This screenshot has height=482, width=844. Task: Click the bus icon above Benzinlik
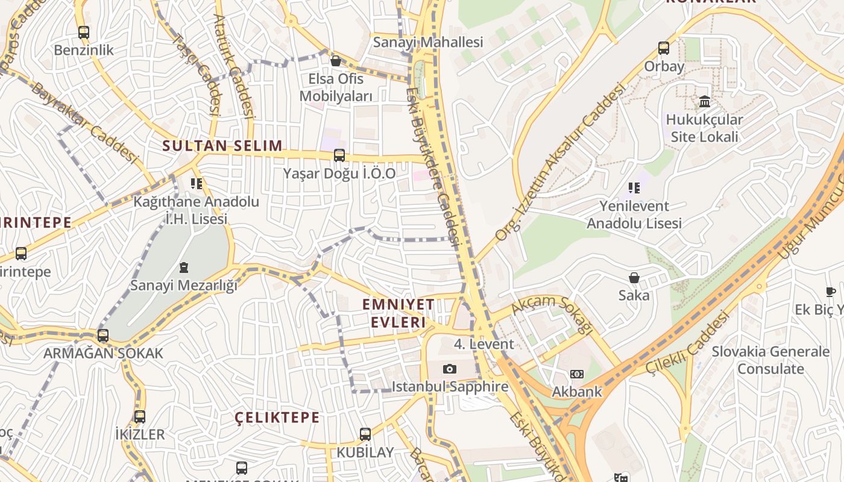(x=83, y=33)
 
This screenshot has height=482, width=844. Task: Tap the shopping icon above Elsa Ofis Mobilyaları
(x=336, y=61)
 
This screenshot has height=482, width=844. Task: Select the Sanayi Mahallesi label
(x=428, y=42)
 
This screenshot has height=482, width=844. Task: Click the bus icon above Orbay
(x=664, y=48)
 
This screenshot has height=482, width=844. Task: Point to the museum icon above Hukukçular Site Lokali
(x=704, y=101)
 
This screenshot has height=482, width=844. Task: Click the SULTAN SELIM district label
(x=222, y=145)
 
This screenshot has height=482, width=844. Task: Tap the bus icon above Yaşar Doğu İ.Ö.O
(x=339, y=155)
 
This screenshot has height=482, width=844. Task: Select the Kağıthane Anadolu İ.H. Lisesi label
(x=196, y=210)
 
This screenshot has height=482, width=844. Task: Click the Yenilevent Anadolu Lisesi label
(x=634, y=214)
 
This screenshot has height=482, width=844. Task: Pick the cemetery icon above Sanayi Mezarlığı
(x=184, y=267)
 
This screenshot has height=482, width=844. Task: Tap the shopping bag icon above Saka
(x=634, y=278)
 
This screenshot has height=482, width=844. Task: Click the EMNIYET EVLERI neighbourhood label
(x=398, y=313)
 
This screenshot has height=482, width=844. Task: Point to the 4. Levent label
(x=484, y=344)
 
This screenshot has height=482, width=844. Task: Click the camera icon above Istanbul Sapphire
(x=450, y=369)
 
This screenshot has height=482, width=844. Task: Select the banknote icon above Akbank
(x=577, y=374)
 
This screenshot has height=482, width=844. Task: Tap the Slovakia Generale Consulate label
(x=770, y=360)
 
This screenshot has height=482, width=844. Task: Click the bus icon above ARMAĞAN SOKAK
(x=103, y=336)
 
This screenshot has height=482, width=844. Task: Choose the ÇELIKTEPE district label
(x=277, y=418)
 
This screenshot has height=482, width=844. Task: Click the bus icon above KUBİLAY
(x=365, y=434)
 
